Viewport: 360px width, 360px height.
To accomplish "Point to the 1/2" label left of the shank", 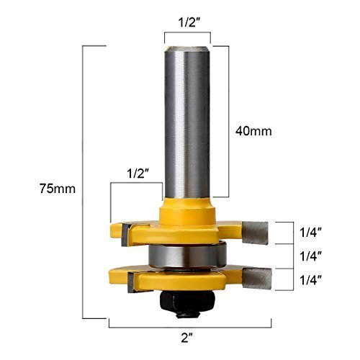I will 138,173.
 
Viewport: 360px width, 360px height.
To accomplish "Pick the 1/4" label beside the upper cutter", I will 310,232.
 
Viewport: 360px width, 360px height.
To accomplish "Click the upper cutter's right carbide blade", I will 255,231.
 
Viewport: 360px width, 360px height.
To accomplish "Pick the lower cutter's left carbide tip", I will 130,283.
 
